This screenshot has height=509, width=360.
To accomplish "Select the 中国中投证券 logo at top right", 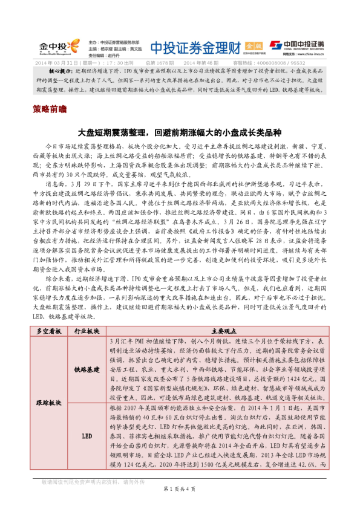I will coord(297,44).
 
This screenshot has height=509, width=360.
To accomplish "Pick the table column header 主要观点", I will coord(216,331).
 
